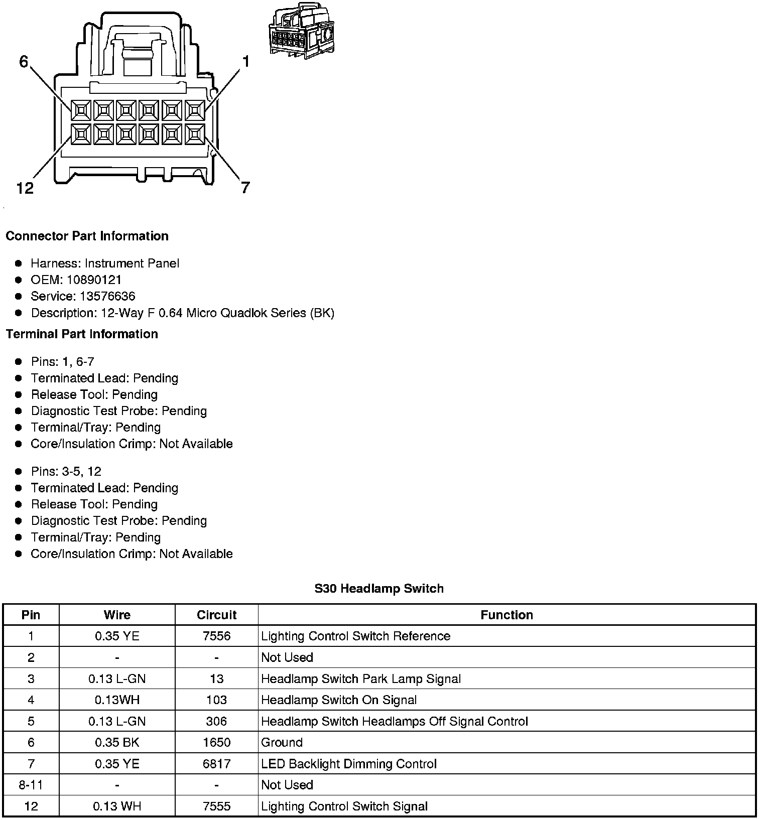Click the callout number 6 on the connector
(24, 62)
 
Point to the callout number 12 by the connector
(25, 188)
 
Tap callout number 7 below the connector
(245, 188)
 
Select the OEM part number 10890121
(94, 280)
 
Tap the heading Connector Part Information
(87, 236)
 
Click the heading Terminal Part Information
(82, 334)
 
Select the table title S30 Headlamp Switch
(379, 588)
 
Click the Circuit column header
(216, 615)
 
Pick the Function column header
(506, 615)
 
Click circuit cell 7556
(216, 636)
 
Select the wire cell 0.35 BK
(117, 742)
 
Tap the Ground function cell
(282, 742)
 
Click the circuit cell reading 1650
(216, 742)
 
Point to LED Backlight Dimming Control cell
(349, 764)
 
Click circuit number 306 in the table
(216, 721)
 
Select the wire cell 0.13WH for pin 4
(117, 700)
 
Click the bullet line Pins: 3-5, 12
(66, 471)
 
